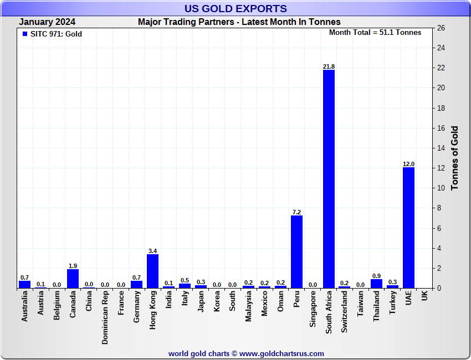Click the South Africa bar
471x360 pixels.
coord(329,179)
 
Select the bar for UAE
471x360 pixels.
coord(408,228)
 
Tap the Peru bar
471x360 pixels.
coord(296,251)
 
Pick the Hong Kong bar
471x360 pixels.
coord(152,271)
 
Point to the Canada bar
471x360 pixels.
coord(73,279)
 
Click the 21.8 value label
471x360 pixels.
coord(329,66)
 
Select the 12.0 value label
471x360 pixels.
coord(408,164)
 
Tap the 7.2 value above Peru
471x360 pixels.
coord(296,212)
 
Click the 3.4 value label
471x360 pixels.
coord(152,250)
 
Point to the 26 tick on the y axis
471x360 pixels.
coord(441,28)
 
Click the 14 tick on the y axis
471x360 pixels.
coord(441,148)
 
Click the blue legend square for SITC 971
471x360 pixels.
coord(24,34)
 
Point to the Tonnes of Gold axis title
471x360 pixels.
coord(455,158)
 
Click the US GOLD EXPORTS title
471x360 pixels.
coord(235,8)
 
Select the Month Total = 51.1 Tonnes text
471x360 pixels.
coord(375,33)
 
